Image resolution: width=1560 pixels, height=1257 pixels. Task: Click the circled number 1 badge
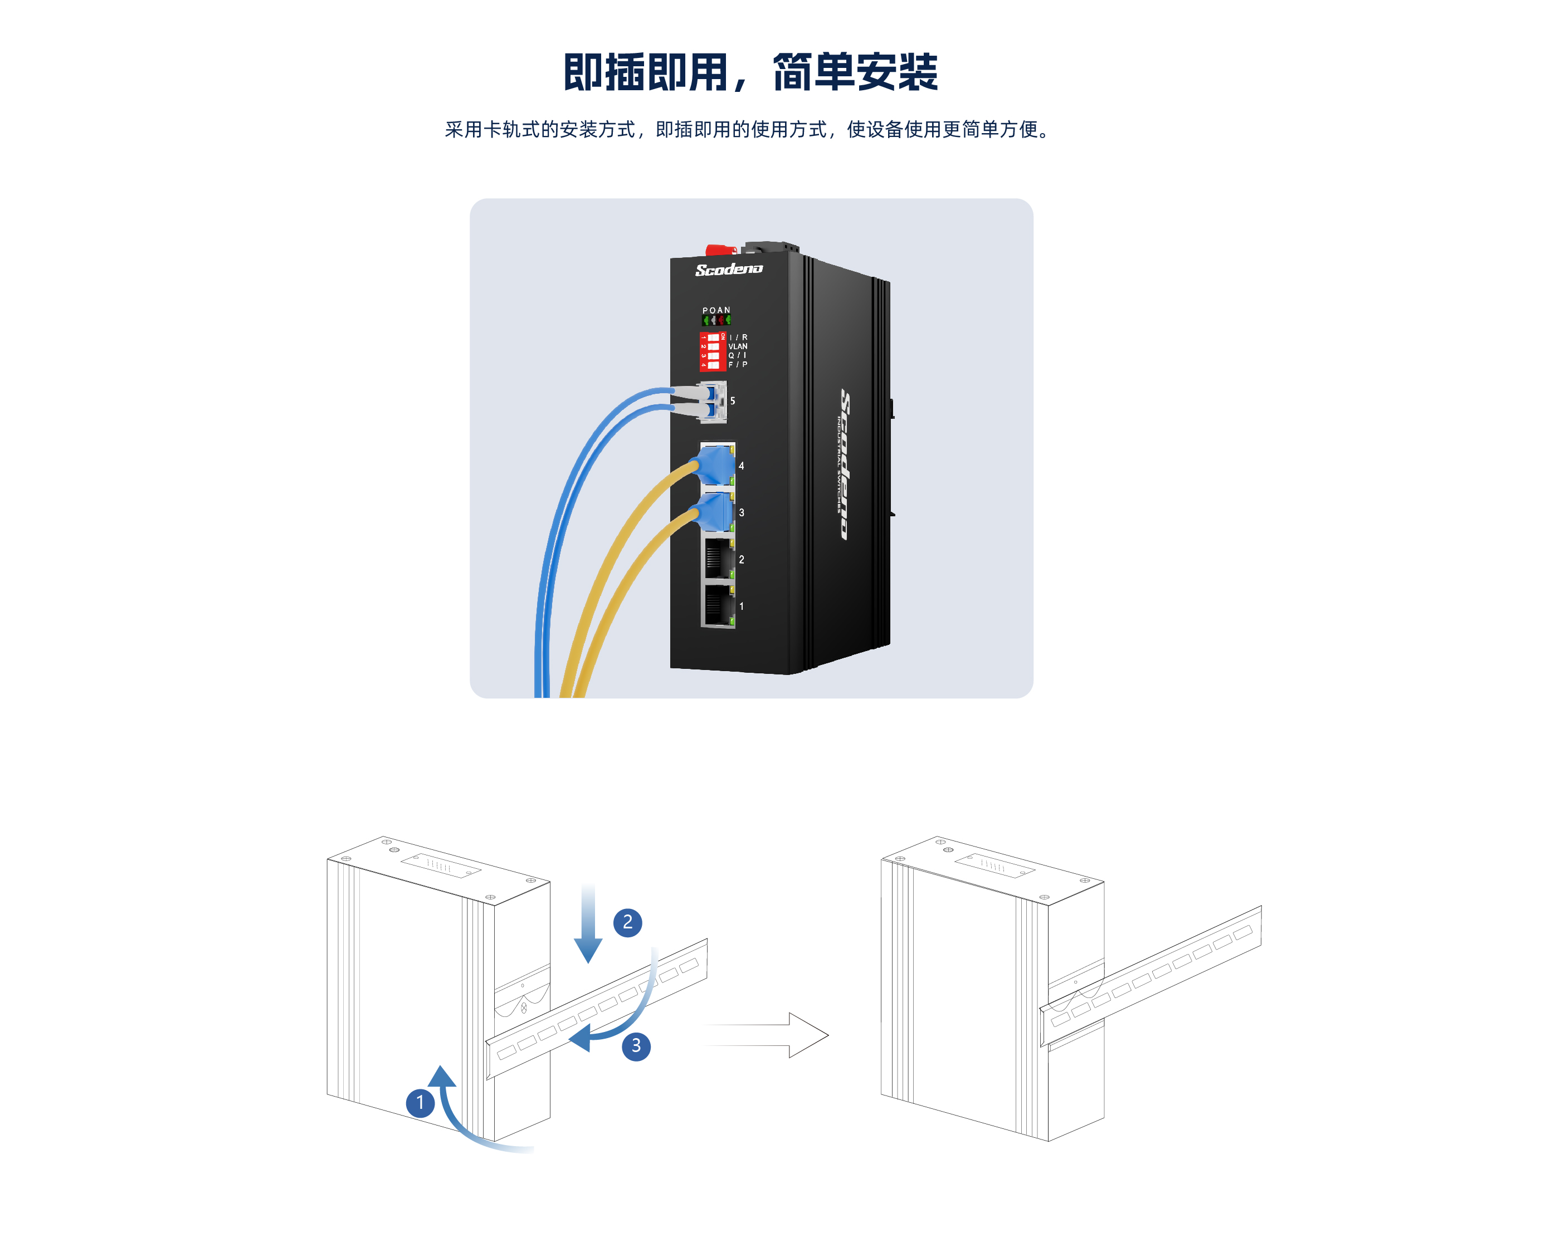(420, 1103)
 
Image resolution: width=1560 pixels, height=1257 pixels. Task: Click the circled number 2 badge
(627, 922)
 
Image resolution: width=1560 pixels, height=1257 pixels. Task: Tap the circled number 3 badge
(636, 1045)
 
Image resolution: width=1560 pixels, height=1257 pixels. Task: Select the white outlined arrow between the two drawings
(768, 1035)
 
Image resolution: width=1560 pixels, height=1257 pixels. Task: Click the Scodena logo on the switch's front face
(729, 270)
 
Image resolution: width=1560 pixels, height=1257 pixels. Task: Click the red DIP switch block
(711, 351)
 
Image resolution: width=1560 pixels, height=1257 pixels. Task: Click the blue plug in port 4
(715, 465)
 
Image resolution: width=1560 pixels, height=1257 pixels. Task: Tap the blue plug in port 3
(715, 512)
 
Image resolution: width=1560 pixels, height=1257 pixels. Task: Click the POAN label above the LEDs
(716, 310)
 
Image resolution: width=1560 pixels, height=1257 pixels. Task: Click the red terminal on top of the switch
(719, 250)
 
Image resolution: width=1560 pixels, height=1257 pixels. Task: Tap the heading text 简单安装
(855, 72)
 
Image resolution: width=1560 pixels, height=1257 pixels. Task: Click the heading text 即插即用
(645, 72)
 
